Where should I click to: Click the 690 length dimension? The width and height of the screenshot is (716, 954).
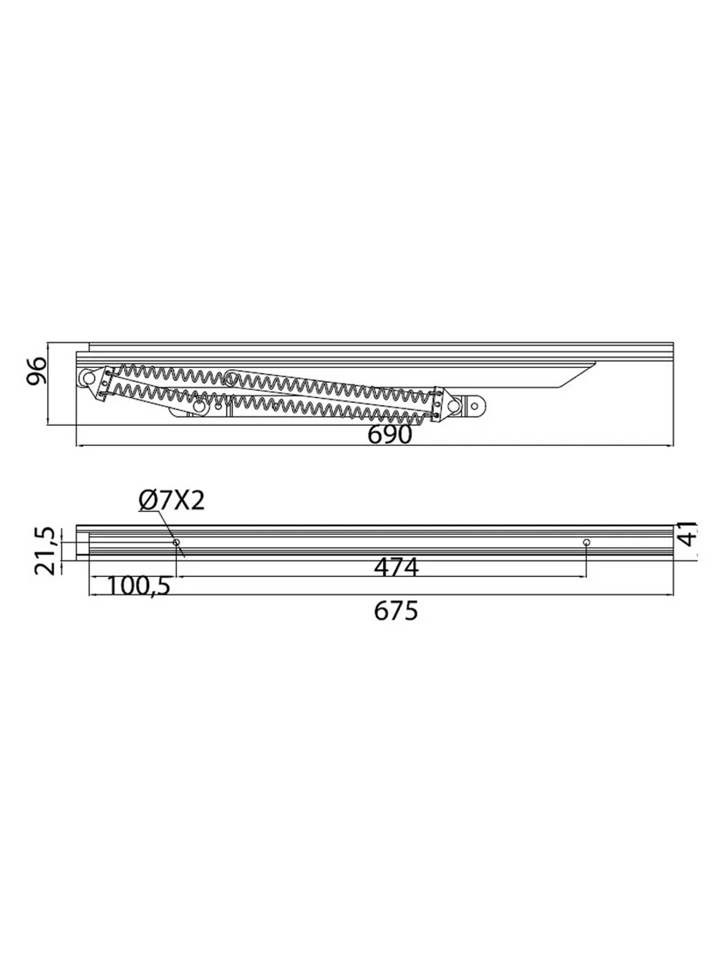pyautogui.click(x=389, y=434)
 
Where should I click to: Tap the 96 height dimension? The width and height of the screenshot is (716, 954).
pyautogui.click(x=36, y=371)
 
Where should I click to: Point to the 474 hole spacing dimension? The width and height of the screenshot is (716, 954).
pyautogui.click(x=396, y=567)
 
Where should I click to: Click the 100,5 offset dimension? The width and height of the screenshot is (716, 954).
pyautogui.click(x=137, y=587)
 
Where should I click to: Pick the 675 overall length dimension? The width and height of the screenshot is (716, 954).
pyautogui.click(x=396, y=610)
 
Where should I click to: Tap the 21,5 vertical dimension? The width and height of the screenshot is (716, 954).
pyautogui.click(x=45, y=550)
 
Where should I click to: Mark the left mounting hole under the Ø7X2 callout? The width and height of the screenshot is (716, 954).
pyautogui.click(x=177, y=542)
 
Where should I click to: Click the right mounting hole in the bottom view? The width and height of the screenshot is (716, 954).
pyautogui.click(x=586, y=542)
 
